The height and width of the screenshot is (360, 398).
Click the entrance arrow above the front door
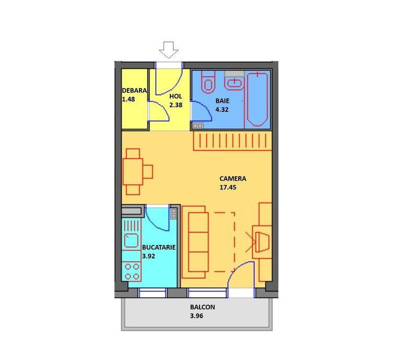pos(169,50)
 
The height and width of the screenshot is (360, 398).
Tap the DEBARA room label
pos(134,91)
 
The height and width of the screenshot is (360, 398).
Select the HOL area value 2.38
pos(175,105)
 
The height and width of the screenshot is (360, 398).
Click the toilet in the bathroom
pos(208,82)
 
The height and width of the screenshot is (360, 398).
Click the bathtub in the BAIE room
pos(257,99)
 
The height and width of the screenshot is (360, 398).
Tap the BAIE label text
pos(223,100)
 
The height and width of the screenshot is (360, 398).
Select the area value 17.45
pos(228,187)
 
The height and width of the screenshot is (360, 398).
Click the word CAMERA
pos(233,178)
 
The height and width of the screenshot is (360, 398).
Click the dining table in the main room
pos(132,172)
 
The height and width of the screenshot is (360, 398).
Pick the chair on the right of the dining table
pos(148,172)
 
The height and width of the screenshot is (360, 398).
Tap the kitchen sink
pos(131,241)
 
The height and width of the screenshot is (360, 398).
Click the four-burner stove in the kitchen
pos(132,271)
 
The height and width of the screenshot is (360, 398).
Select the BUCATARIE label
pos(159,248)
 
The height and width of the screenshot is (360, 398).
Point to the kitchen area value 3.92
pos(149,256)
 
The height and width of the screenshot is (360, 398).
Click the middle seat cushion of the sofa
pos(198,242)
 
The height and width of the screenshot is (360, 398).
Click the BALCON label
pos(203,307)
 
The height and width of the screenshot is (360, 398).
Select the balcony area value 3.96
pos(197,316)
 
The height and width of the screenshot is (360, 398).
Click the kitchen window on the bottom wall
pos(152,293)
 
